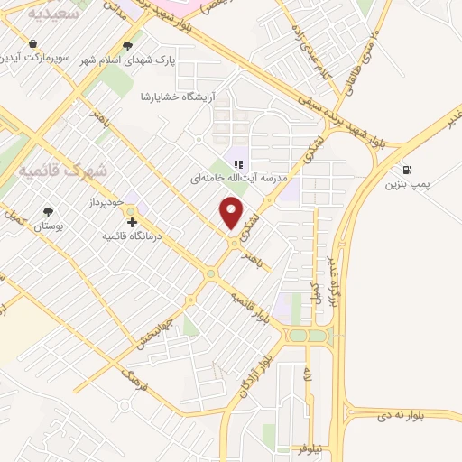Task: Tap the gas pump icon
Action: tap(409, 169)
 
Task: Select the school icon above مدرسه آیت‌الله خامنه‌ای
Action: tap(239, 165)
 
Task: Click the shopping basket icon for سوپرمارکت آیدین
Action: tap(33, 43)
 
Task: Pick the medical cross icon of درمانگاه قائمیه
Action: tap(132, 221)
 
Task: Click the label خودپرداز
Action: tap(109, 205)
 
